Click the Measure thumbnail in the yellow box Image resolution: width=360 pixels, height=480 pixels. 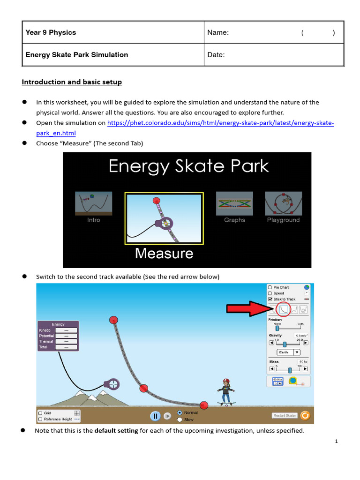[x=164, y=218]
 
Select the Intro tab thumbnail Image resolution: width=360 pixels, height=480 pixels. [x=93, y=203]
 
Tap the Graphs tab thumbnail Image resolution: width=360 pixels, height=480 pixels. [x=234, y=203]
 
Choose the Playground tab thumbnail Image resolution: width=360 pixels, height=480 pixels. [x=283, y=203]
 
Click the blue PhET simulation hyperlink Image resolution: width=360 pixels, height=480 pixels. [x=220, y=123]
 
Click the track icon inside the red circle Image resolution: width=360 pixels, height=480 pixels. [x=284, y=309]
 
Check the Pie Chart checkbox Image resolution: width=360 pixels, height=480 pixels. [x=270, y=287]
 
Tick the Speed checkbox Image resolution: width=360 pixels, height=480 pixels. [x=270, y=293]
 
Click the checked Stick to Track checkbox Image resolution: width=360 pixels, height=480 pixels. [x=270, y=299]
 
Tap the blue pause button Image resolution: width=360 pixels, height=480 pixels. [x=155, y=416]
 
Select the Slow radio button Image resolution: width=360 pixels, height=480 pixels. [x=180, y=419]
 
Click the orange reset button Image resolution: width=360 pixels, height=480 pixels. [x=305, y=415]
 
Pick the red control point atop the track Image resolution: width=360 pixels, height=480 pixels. [x=113, y=320]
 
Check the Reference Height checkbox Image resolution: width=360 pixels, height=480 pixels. [x=40, y=419]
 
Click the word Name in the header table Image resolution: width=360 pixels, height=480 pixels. [x=218, y=33]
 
